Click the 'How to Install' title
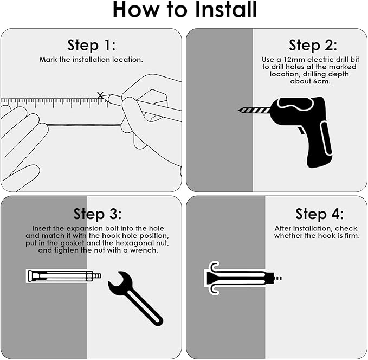pyautogui.click(x=185, y=9)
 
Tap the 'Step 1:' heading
pyautogui.click(x=92, y=45)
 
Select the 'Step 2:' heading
pyautogui.click(x=313, y=45)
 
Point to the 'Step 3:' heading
pyautogui.click(x=98, y=214)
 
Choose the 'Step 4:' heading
pyautogui.click(x=319, y=214)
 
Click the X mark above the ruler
pyautogui.click(x=100, y=95)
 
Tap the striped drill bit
pyautogui.click(x=254, y=110)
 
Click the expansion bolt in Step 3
pyautogui.click(x=63, y=276)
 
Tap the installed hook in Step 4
pyautogui.click(x=242, y=278)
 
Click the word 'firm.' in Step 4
pyautogui.click(x=352, y=235)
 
